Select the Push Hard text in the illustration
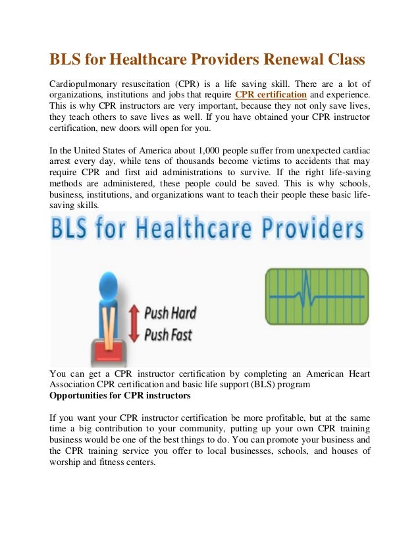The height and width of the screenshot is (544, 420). tap(170, 312)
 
